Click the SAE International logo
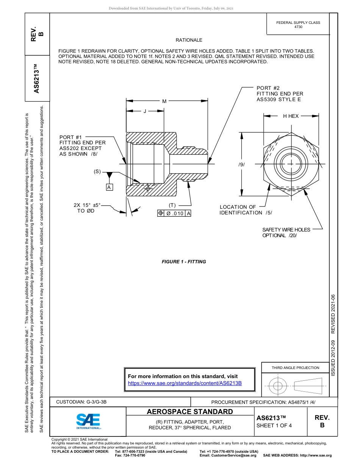(x=88, y=421)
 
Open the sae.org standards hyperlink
(x=185, y=383)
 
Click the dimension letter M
(x=164, y=101)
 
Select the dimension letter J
(x=145, y=111)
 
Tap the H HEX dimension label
(x=291, y=116)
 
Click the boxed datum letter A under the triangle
(x=109, y=187)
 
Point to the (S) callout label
(x=97, y=171)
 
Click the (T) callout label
(x=172, y=205)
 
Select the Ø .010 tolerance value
(x=175, y=213)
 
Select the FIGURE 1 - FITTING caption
(x=184, y=262)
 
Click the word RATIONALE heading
(x=189, y=40)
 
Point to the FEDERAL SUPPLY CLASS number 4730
(x=298, y=27)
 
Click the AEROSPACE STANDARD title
(x=190, y=411)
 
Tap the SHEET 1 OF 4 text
(x=274, y=425)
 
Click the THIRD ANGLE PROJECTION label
(x=295, y=367)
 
